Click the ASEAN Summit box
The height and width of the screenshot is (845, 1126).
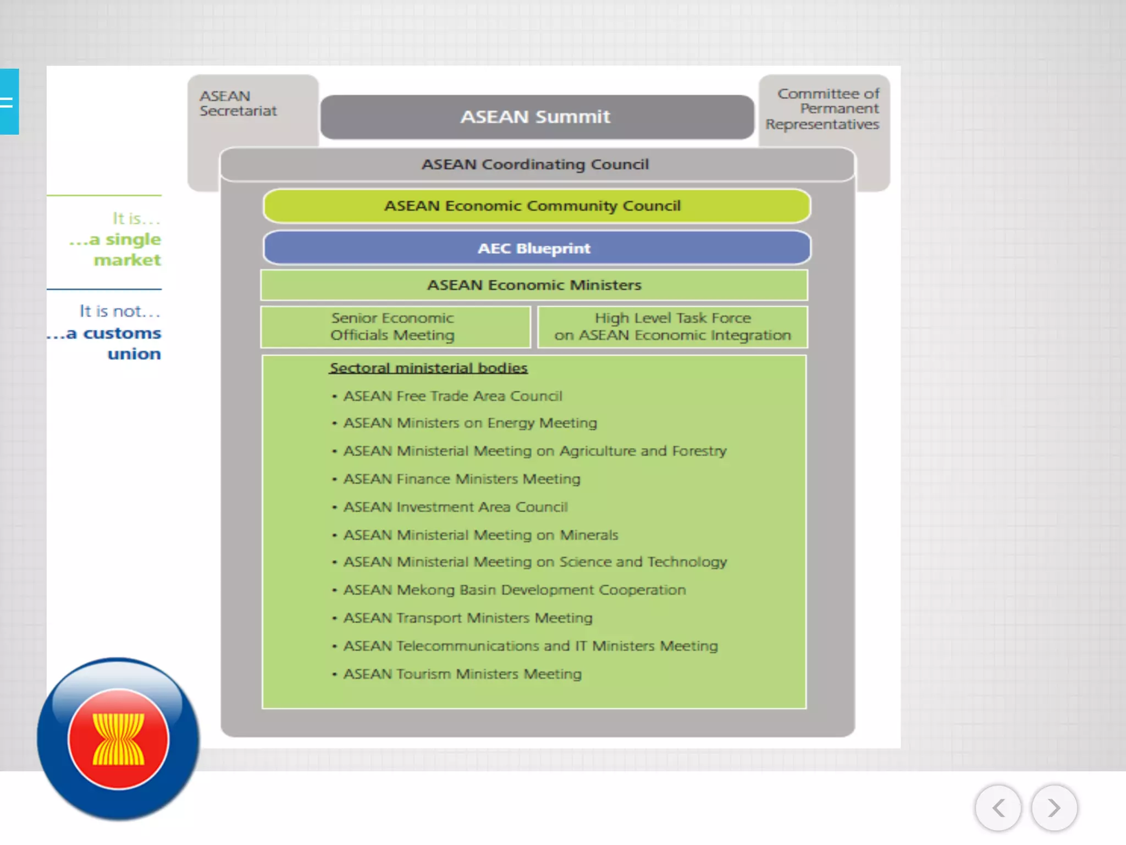pyautogui.click(x=536, y=117)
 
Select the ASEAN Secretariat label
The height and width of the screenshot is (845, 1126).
pyautogui.click(x=238, y=103)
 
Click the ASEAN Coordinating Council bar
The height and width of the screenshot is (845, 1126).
pyautogui.click(x=536, y=164)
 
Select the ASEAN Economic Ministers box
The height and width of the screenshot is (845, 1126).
pyautogui.click(x=534, y=285)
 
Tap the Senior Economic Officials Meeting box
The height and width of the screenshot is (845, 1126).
pyautogui.click(x=393, y=327)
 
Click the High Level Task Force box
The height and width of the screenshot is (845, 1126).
pyautogui.click(x=672, y=327)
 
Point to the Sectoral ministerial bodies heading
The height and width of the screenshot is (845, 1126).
pyautogui.click(x=428, y=367)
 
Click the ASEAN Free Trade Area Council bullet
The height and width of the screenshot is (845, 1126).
pyautogui.click(x=452, y=396)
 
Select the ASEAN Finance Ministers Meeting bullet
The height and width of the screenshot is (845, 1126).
pyautogui.click(x=462, y=479)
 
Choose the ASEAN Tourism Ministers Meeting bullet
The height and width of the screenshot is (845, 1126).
pyautogui.click(x=462, y=674)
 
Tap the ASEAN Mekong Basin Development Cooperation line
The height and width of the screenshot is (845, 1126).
pyautogui.click(x=515, y=590)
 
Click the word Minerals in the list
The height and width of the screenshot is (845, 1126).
pyautogui.click(x=589, y=535)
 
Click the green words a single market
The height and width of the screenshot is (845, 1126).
pyautogui.click(x=118, y=249)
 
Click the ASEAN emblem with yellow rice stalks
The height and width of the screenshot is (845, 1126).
pyautogui.click(x=118, y=738)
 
